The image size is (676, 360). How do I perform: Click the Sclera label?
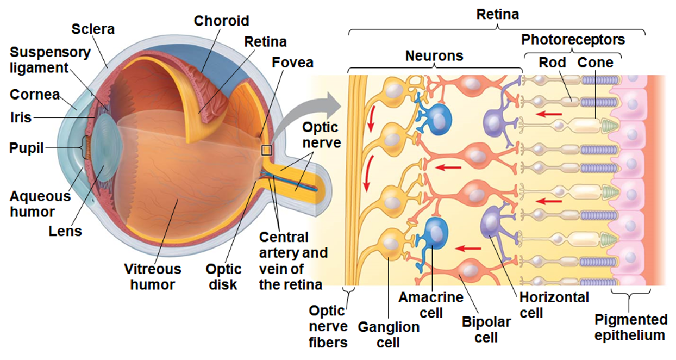(93, 29)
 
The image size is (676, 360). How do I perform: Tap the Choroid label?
(221, 21)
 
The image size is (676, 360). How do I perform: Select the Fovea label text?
(293, 63)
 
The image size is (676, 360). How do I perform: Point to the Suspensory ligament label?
(50, 60)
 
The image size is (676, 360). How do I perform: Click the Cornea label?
(35, 95)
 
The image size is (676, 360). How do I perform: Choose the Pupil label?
(26, 147)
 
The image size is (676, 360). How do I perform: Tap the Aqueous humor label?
(40, 204)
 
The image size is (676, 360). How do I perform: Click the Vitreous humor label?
(153, 276)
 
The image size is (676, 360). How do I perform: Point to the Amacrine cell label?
(431, 305)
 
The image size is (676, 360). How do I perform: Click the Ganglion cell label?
(389, 334)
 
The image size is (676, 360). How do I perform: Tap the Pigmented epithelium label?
(630, 327)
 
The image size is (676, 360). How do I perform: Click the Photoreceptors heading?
(573, 40)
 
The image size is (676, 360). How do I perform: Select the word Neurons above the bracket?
(434, 55)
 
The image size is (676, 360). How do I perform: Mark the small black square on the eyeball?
(266, 150)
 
